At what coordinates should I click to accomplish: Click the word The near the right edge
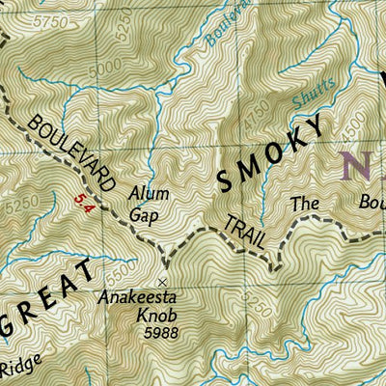(305, 204)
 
